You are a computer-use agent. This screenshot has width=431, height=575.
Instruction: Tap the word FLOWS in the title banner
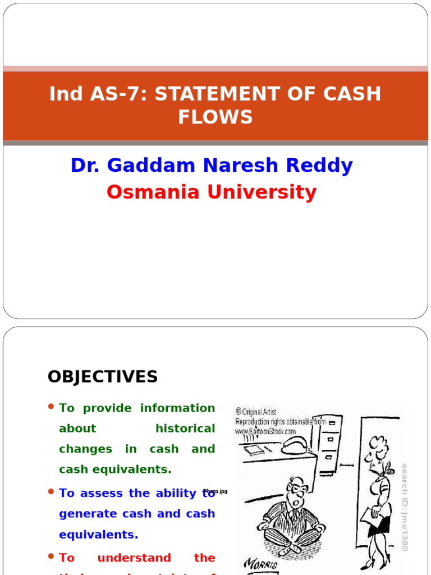coord(215,117)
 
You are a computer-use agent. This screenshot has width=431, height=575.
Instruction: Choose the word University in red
coord(262,192)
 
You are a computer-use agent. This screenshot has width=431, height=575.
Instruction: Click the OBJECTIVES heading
coord(103,377)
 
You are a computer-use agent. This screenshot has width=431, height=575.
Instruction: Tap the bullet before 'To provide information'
coord(51,407)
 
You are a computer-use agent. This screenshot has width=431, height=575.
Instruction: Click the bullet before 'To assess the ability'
coord(51,491)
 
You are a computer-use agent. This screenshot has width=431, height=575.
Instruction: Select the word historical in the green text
coord(185,428)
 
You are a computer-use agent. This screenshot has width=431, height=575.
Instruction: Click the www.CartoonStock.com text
coord(265,431)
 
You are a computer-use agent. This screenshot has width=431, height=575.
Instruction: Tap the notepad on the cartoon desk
coord(255,449)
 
